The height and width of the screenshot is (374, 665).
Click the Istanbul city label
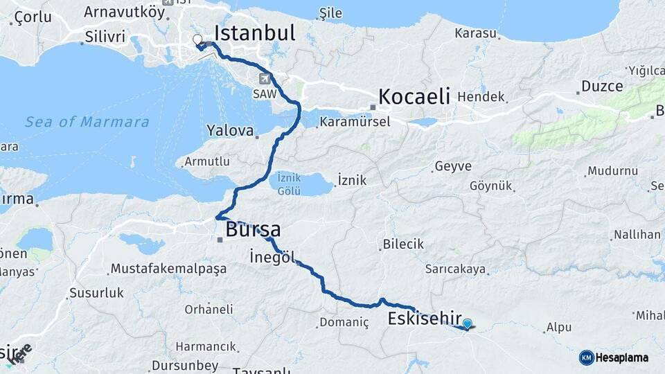pos(254,33)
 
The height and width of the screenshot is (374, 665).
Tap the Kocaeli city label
pos(414,96)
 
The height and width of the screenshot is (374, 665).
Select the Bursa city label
pos(252,229)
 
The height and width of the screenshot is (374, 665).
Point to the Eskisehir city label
pos(425,319)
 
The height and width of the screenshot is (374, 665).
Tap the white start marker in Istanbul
pos(197,40)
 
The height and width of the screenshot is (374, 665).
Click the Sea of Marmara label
pos(87,123)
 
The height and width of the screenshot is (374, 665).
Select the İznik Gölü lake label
pos(290,184)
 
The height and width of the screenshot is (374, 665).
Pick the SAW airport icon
pos(264,78)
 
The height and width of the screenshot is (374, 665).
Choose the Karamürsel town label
pos(355,122)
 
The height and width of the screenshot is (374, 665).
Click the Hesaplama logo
pos(614,357)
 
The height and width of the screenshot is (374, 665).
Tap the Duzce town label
pos(601,87)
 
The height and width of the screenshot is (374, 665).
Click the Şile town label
pos(332,13)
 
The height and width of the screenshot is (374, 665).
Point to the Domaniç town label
pos(344,322)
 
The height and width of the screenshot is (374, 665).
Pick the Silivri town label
pos(104,37)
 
